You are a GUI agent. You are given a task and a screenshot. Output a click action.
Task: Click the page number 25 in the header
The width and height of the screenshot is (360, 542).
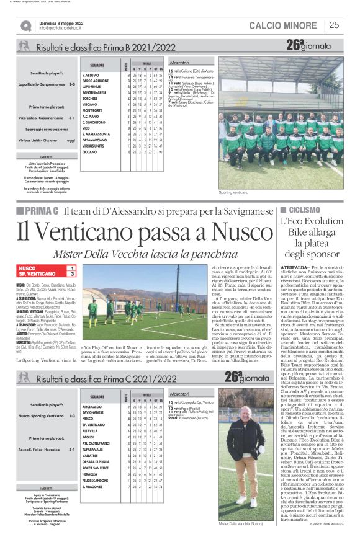click(334, 25)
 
